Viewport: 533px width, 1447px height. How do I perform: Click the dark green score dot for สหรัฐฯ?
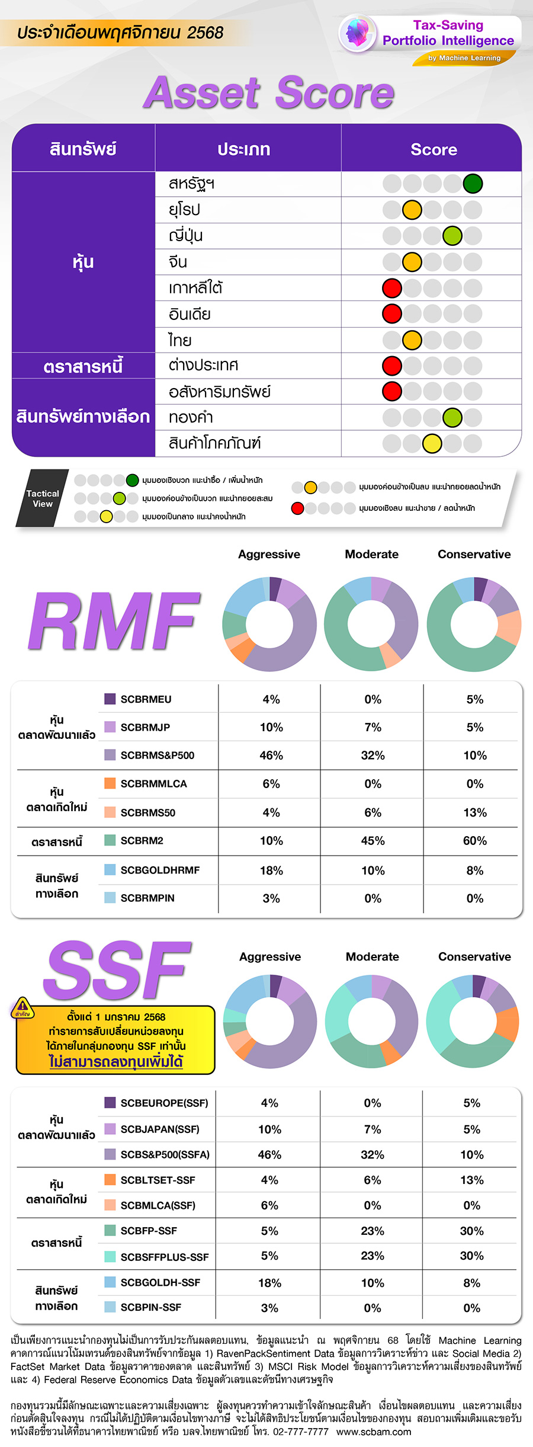[473, 184]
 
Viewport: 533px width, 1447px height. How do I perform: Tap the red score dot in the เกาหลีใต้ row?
[392, 288]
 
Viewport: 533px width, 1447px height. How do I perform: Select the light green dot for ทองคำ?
[452, 418]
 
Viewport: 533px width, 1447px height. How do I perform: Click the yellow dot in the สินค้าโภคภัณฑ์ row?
[432, 443]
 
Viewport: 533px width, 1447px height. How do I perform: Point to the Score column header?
[434, 149]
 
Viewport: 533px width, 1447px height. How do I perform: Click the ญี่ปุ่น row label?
[186, 236]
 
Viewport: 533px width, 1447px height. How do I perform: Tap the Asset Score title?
[269, 93]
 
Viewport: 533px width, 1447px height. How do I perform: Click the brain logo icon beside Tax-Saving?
[358, 33]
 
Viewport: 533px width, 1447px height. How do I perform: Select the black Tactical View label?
[43, 498]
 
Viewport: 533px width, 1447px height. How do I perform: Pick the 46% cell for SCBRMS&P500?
[271, 755]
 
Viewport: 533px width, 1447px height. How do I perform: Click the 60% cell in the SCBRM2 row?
[475, 841]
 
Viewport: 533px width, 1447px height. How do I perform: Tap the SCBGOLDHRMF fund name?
[160, 870]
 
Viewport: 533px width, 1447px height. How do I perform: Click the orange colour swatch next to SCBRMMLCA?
[110, 783]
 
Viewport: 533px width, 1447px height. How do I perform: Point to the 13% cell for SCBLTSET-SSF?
[472, 1180]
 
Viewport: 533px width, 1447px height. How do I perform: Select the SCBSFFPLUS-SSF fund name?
[165, 1257]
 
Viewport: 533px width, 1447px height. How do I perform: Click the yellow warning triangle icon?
[23, 1006]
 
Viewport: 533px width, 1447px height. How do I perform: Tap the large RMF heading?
[114, 621]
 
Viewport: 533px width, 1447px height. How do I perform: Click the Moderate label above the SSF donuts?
[373, 956]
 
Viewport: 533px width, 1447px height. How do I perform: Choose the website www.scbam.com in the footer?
[374, 1432]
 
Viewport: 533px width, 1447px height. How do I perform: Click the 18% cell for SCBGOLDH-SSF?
[269, 1283]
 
